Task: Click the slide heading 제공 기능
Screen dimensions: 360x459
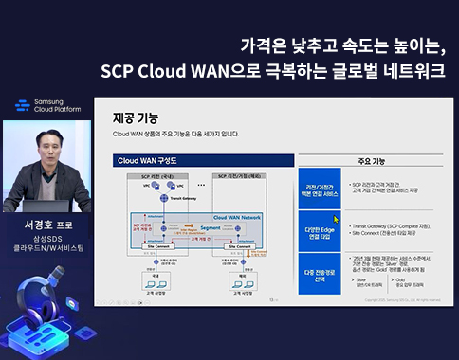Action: point(135,118)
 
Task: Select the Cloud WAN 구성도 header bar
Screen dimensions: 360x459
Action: point(200,162)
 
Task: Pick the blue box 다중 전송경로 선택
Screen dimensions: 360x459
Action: point(320,261)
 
